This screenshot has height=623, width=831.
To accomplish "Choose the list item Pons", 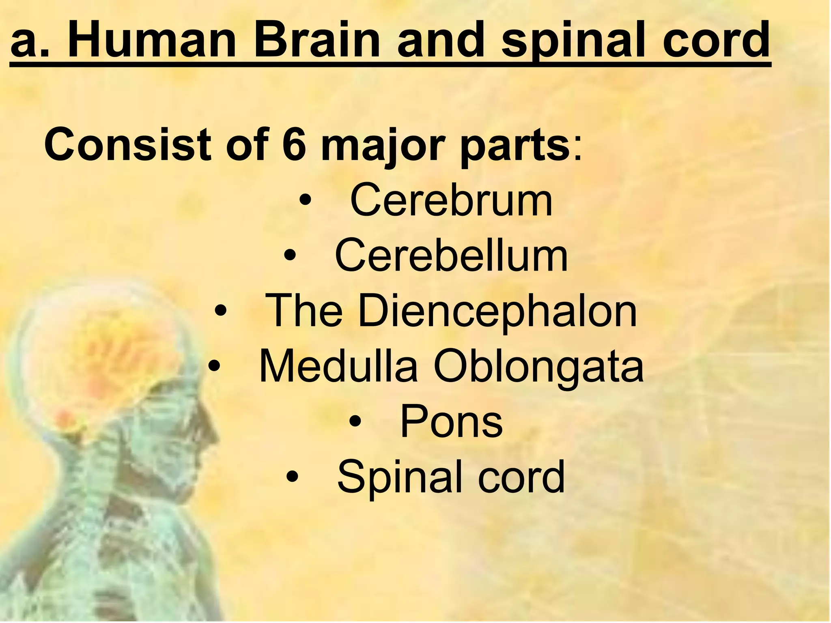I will [x=451, y=423].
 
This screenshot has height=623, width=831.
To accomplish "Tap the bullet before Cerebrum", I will [x=305, y=200].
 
